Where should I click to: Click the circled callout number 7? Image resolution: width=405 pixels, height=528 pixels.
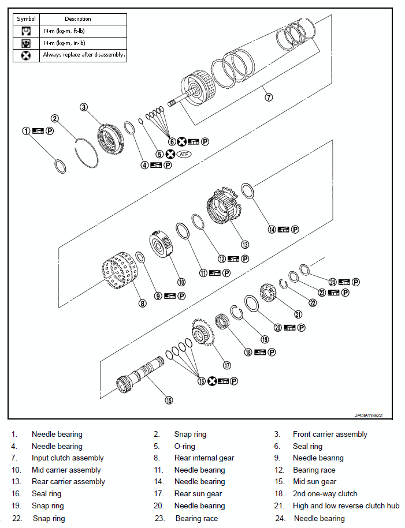tap(269, 97)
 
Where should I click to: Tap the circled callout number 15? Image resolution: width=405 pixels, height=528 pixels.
tap(169, 399)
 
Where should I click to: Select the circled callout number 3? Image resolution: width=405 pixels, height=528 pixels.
tap(84, 107)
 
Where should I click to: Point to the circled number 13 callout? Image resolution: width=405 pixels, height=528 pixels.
tap(244, 244)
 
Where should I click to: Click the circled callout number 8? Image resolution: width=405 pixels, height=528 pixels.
tap(143, 302)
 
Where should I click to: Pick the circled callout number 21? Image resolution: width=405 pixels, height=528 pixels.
tap(298, 314)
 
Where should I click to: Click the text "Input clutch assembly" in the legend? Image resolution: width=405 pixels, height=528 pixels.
tap(68, 458)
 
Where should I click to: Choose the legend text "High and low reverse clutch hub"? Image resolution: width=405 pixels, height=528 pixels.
tap(346, 506)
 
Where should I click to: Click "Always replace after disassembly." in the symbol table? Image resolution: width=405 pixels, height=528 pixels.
tap(84, 55)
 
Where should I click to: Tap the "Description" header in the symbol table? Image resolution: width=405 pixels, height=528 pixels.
tap(78, 19)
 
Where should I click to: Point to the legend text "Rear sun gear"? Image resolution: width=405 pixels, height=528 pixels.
tap(198, 494)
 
